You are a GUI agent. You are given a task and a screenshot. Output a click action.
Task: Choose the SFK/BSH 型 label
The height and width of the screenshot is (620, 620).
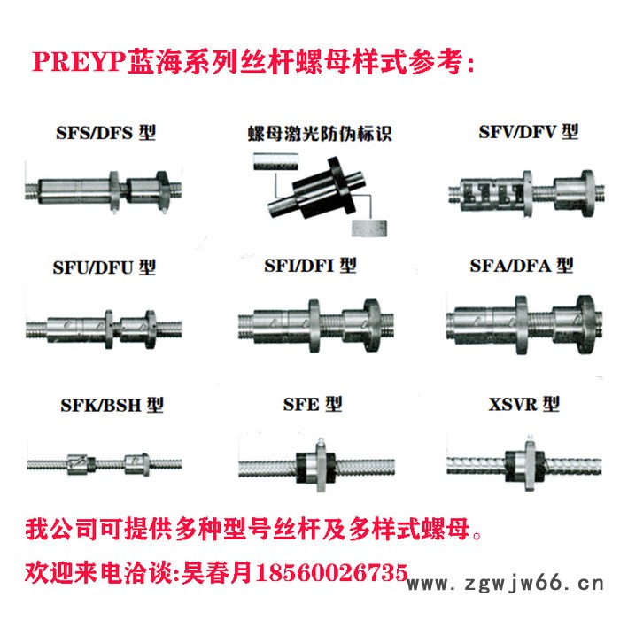[99, 405]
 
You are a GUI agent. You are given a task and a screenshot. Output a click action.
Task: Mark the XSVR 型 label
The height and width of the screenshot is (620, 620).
[524, 405]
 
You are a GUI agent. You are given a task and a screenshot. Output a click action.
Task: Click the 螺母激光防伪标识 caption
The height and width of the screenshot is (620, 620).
[318, 136]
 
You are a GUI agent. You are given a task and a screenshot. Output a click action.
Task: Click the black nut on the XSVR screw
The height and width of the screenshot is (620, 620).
[523, 461]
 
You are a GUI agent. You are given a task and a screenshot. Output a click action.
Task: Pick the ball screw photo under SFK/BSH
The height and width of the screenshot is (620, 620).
[104, 461]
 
